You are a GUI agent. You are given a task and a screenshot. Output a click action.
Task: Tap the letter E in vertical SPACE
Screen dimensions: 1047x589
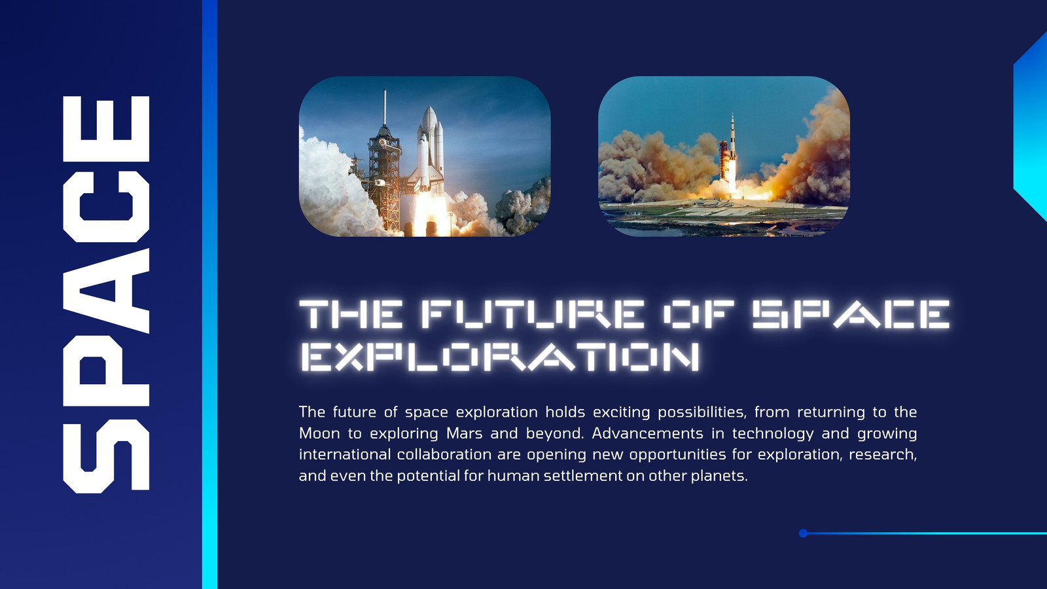coord(106,129)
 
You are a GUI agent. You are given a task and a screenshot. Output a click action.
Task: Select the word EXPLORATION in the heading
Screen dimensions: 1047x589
coord(500,356)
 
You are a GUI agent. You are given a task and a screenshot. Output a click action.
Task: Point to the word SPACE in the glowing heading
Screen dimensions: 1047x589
coord(851,313)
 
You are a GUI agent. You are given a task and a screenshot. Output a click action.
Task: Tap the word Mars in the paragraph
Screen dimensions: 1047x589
coord(464,433)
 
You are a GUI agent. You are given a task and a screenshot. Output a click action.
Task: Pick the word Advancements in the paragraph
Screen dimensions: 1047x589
coord(647,433)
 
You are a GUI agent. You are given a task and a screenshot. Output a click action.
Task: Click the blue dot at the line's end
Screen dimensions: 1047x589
coord(803,533)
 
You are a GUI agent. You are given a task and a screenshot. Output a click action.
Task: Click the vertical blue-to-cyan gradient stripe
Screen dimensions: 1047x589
coord(210,294)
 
